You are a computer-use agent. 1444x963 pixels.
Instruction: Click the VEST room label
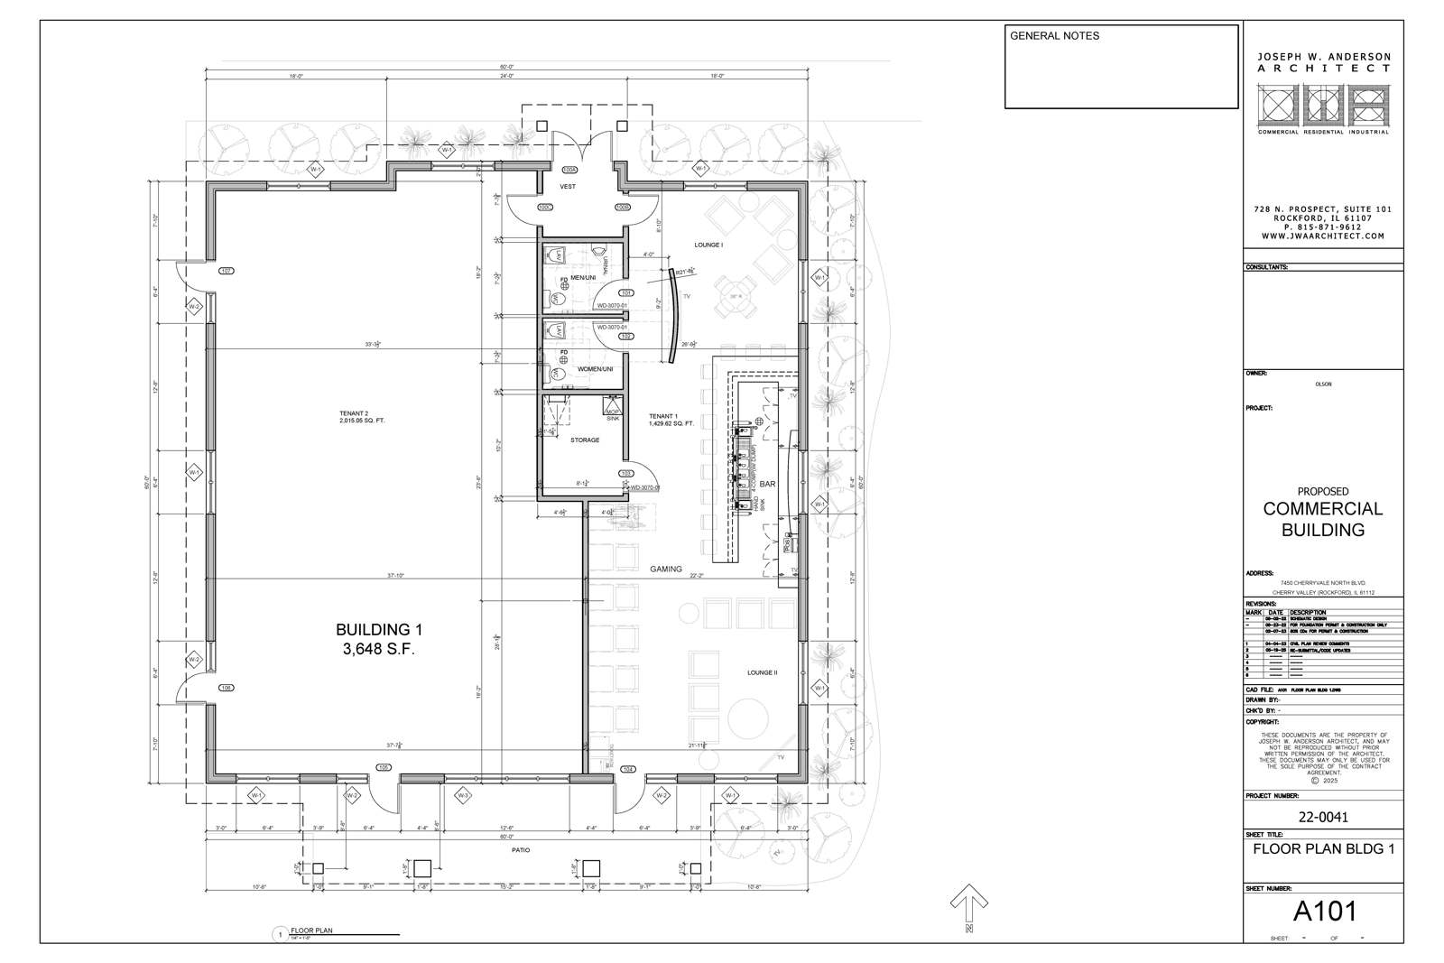tap(568, 187)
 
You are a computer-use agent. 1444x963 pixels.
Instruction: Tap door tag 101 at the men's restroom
tap(626, 293)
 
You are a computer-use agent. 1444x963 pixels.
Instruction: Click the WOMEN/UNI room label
tap(595, 369)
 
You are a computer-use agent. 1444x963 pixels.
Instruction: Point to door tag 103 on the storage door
tap(625, 474)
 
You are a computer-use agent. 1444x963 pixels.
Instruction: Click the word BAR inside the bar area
tap(767, 485)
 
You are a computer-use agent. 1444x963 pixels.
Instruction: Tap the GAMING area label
tap(666, 569)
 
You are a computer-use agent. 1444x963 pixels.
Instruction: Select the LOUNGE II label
tap(762, 672)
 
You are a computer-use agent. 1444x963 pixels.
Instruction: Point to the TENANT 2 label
tap(354, 413)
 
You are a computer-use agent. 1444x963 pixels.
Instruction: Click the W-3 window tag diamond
tap(463, 795)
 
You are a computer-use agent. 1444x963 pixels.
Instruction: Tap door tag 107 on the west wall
tap(227, 271)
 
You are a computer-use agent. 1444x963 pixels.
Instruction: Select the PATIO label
tap(520, 850)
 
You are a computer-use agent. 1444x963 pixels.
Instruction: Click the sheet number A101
tap(1324, 912)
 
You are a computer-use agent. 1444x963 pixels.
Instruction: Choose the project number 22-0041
tap(1323, 818)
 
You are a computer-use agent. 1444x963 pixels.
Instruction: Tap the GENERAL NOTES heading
tap(1054, 36)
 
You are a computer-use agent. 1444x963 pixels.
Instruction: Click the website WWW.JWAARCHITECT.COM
tap(1323, 236)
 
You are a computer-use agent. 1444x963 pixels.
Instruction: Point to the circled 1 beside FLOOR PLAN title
tap(281, 934)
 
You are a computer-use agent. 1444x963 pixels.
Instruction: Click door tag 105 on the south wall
tap(384, 768)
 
